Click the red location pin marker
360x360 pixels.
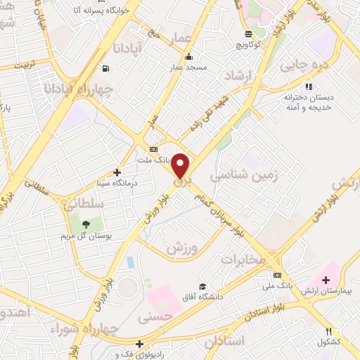pos(181,165)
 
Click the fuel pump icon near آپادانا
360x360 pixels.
pos(105,69)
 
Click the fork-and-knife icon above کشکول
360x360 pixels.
pos(328,332)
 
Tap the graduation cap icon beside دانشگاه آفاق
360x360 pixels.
pos(202,287)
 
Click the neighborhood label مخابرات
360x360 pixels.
pos(244,259)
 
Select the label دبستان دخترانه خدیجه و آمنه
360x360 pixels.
pos(308,103)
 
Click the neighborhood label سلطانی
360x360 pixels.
pos(84,204)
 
